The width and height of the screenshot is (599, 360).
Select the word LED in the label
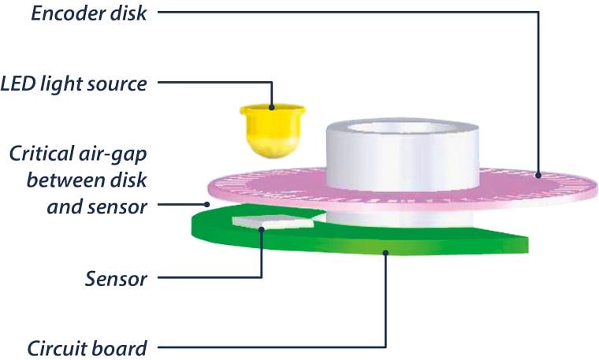point(19,84)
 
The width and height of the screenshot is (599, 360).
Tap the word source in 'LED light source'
point(118,84)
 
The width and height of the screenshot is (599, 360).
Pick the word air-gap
point(110,152)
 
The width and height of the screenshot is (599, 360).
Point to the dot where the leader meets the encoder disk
point(539,175)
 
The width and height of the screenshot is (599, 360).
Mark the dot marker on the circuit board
point(386,252)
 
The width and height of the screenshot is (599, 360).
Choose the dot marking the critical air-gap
point(207,204)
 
